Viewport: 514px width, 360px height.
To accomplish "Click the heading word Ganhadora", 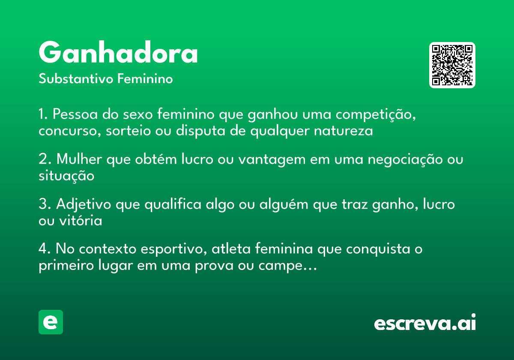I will tap(118, 53).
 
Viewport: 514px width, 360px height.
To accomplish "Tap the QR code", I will tap(452, 65).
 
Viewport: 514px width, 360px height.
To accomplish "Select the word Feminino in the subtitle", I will tap(145, 79).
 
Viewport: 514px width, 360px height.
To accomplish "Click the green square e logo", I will tap(51, 322).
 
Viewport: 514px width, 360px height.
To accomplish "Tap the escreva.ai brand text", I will tap(425, 323).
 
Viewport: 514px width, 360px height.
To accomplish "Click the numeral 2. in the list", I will tap(44, 159).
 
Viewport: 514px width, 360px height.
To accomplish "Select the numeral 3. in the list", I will tap(44, 204).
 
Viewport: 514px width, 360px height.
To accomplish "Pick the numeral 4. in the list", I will tap(45, 249).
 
